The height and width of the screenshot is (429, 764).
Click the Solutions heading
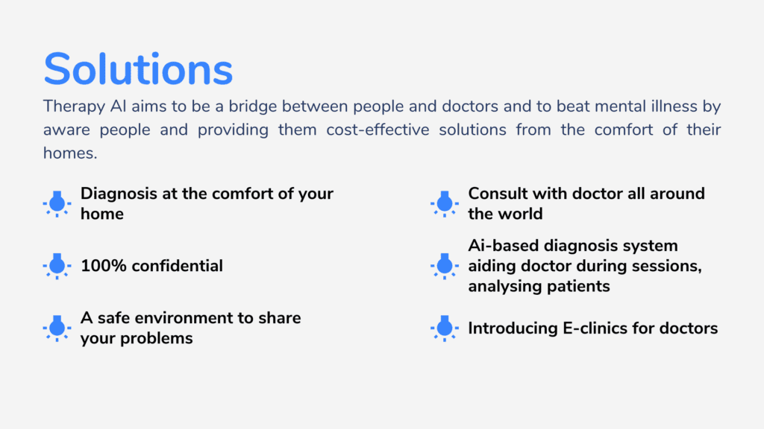[x=138, y=69]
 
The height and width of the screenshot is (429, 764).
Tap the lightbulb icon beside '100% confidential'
[x=57, y=266]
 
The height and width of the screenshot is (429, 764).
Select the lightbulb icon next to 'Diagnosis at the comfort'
[x=57, y=204]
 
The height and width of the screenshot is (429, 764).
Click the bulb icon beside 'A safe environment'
[x=57, y=328]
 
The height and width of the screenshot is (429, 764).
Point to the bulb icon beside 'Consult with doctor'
[x=445, y=204]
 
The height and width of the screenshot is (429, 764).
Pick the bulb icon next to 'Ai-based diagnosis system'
[x=445, y=266]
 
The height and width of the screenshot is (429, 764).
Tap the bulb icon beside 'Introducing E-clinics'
[x=445, y=328]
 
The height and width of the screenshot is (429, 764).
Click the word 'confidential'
[x=178, y=266]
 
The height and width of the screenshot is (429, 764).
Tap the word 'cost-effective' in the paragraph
[x=378, y=130]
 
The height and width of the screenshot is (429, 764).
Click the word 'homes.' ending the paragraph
[x=70, y=153]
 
